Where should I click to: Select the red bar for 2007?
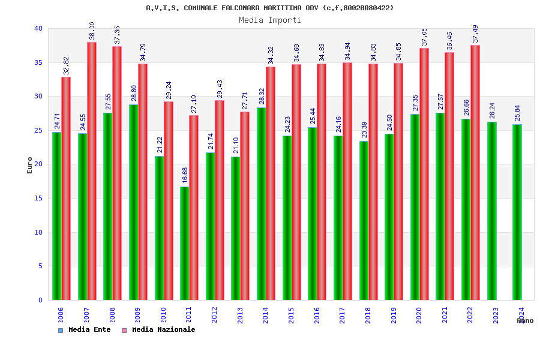click(92, 171)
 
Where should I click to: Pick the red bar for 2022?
click(475, 172)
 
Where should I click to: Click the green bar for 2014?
click(262, 203)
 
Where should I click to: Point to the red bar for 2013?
click(245, 206)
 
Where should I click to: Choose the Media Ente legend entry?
click(85, 329)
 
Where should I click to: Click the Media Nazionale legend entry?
click(158, 329)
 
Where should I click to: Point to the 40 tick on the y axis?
click(38, 28)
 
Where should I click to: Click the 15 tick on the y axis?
click(38, 198)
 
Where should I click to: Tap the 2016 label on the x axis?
click(317, 316)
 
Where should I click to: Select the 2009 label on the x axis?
click(137, 316)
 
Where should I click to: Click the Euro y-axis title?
click(30, 165)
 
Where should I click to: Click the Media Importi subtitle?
click(270, 20)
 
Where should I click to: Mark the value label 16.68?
click(185, 175)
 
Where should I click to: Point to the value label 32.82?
click(66, 65)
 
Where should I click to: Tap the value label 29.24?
click(169, 90)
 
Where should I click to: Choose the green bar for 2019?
click(389, 217)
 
